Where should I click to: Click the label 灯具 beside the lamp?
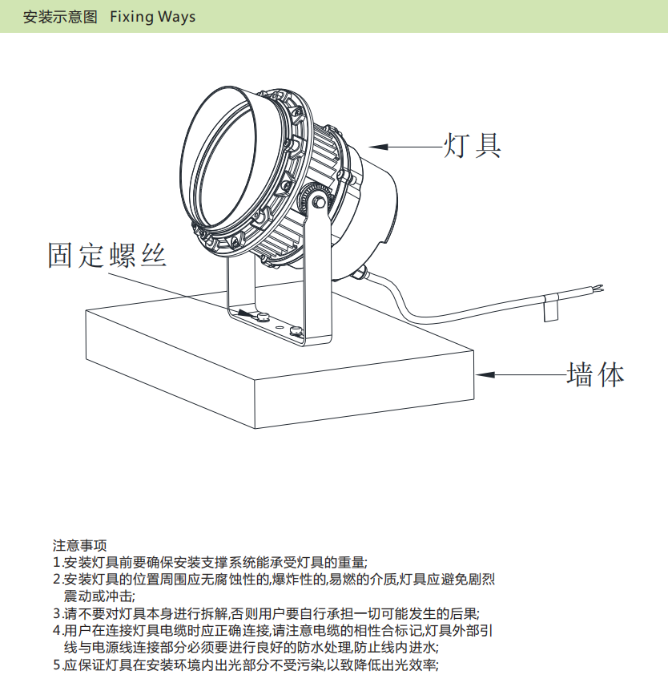tap(473, 145)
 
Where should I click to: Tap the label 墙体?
tap(594, 374)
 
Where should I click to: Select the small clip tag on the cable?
tap(550, 308)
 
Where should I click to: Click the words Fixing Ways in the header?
tap(152, 17)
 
